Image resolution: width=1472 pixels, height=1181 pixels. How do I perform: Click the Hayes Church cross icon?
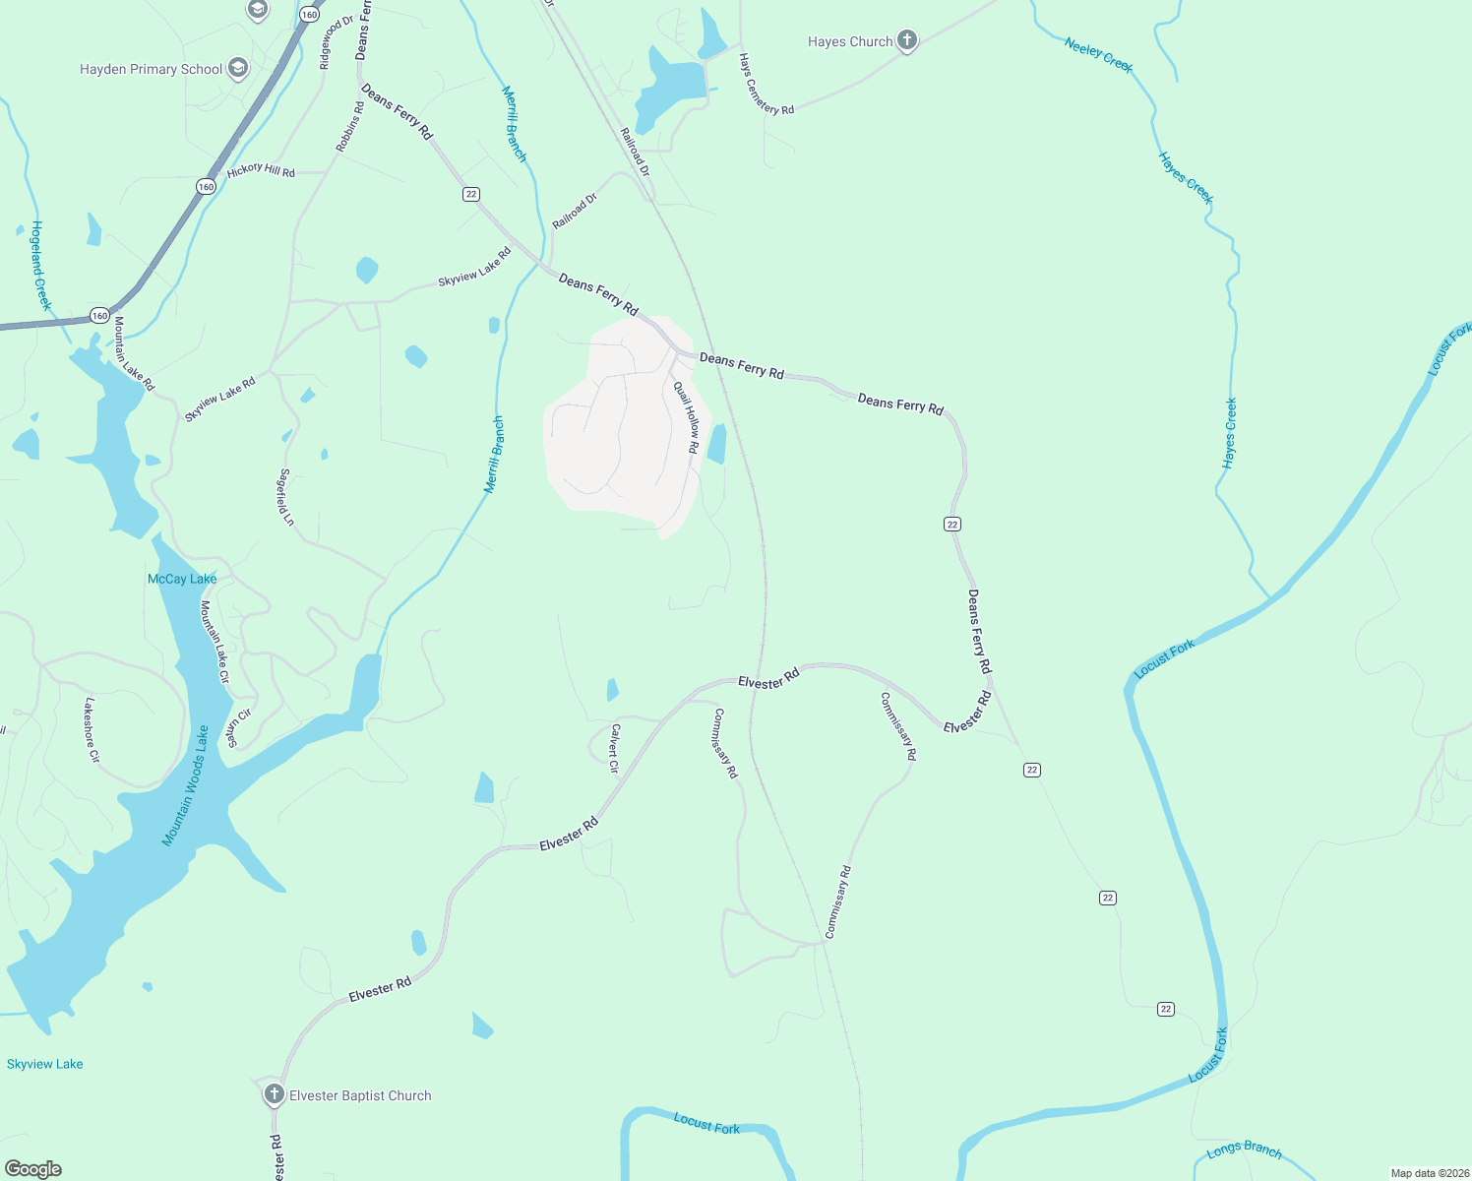pyautogui.click(x=907, y=41)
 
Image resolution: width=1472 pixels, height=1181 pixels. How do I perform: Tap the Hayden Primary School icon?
pyautogui.click(x=237, y=69)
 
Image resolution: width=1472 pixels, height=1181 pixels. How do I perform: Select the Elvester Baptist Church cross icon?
pyautogui.click(x=275, y=1094)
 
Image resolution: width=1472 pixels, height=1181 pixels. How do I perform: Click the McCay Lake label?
pyautogui.click(x=182, y=579)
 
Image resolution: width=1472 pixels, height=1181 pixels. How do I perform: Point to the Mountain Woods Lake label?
pyautogui.click(x=186, y=785)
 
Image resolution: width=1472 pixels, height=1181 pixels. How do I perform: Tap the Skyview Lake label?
pyautogui.click(x=45, y=1064)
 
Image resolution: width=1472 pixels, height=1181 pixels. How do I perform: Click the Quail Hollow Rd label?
pyautogui.click(x=687, y=417)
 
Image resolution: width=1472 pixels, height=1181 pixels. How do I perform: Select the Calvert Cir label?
pyautogui.click(x=615, y=748)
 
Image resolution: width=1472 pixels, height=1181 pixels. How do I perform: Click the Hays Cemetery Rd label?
pyautogui.click(x=767, y=85)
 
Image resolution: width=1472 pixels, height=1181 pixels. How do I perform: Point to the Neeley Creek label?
pyautogui.click(x=1098, y=55)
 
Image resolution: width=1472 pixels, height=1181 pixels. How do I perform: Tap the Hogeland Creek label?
pyautogui.click(x=39, y=265)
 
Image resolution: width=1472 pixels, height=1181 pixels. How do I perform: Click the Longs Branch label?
pyautogui.click(x=1244, y=1150)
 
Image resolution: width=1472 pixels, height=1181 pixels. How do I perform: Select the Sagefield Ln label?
pyautogui.click(x=286, y=497)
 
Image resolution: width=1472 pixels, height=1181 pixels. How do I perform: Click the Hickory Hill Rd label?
pyautogui.click(x=261, y=170)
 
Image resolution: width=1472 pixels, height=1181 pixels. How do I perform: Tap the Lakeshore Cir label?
pyautogui.click(x=92, y=730)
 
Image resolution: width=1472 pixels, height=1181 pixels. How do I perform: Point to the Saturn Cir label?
pyautogui.click(x=240, y=727)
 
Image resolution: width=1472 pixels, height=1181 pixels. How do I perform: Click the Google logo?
pyautogui.click(x=33, y=1169)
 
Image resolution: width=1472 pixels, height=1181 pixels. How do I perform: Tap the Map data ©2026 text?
pyautogui.click(x=1429, y=1173)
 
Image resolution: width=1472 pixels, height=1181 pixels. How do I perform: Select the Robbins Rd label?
pyautogui.click(x=349, y=127)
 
